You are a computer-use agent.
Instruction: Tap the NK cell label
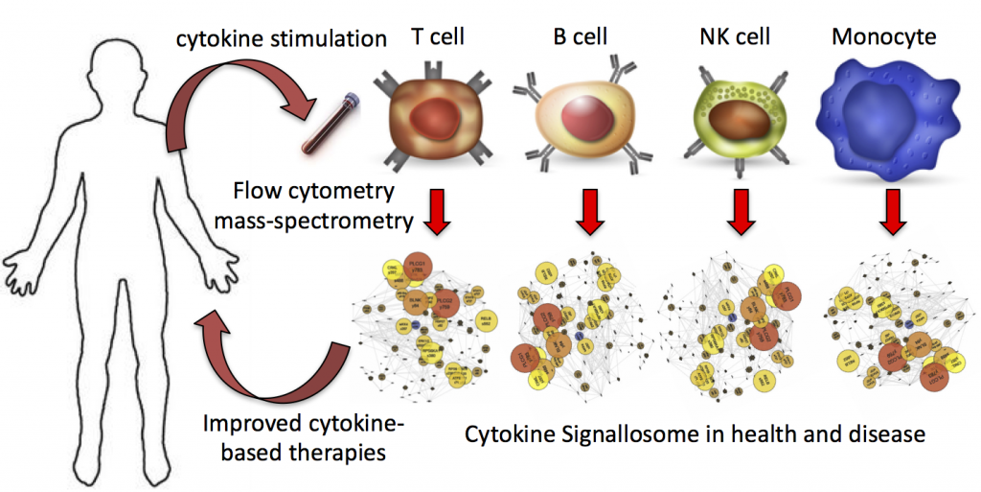(735, 39)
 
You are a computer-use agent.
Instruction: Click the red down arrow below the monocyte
(891, 214)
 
